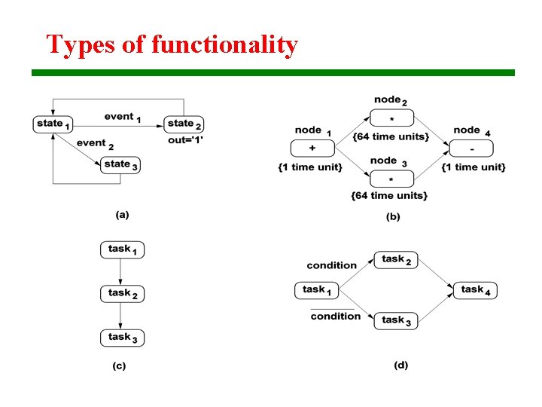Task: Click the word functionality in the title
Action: click(x=224, y=44)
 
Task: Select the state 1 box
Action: click(x=53, y=124)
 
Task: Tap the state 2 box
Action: click(x=184, y=124)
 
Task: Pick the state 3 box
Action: click(x=120, y=164)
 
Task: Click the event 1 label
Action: click(x=123, y=117)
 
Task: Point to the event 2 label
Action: click(x=95, y=143)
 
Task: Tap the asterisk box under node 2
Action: click(x=391, y=118)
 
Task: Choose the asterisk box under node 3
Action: click(x=391, y=179)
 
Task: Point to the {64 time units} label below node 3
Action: click(x=389, y=196)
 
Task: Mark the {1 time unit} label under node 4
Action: click(x=473, y=167)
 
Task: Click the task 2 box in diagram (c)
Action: click(x=122, y=293)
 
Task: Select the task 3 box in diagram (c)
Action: click(x=122, y=338)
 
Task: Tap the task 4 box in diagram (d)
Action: click(x=475, y=290)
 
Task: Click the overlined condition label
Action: click(x=335, y=316)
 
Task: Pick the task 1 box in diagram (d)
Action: click(x=317, y=290)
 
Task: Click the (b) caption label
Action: click(x=393, y=217)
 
